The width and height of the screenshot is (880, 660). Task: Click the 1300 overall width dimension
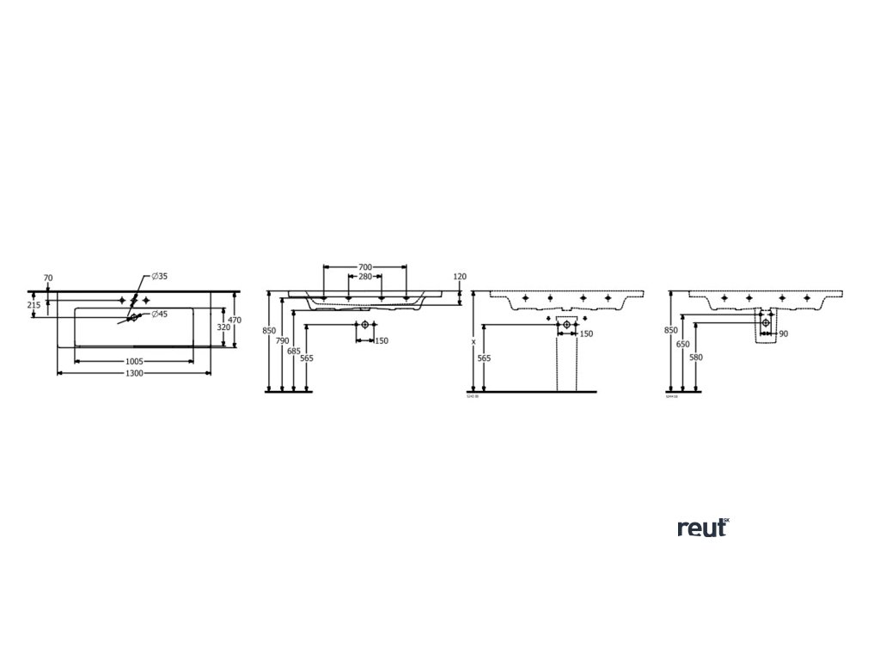click(x=134, y=374)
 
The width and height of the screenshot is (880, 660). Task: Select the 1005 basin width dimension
click(x=134, y=362)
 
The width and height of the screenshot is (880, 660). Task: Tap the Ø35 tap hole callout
click(x=159, y=277)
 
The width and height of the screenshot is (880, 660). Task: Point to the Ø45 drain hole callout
click(x=159, y=314)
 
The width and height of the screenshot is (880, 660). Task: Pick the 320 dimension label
click(x=223, y=327)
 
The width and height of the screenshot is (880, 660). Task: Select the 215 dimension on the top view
click(x=34, y=304)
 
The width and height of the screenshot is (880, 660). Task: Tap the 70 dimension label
click(x=48, y=278)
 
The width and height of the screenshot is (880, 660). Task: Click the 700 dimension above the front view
click(x=365, y=268)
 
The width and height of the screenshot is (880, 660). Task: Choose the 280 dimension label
click(x=365, y=278)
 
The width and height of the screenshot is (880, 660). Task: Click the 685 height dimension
click(x=294, y=351)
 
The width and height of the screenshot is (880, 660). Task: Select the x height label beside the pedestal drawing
click(x=474, y=341)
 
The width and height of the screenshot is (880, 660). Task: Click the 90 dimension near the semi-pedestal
click(x=783, y=333)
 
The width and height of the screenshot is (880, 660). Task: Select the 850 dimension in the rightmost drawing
click(x=671, y=330)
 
